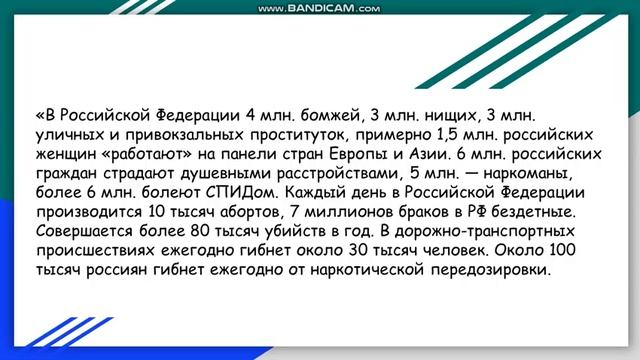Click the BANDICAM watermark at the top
[319, 9]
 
